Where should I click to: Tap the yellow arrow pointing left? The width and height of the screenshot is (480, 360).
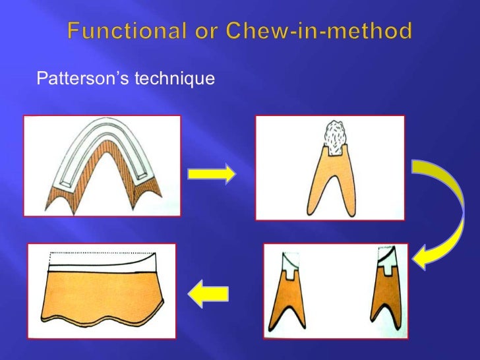pos(210,291)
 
